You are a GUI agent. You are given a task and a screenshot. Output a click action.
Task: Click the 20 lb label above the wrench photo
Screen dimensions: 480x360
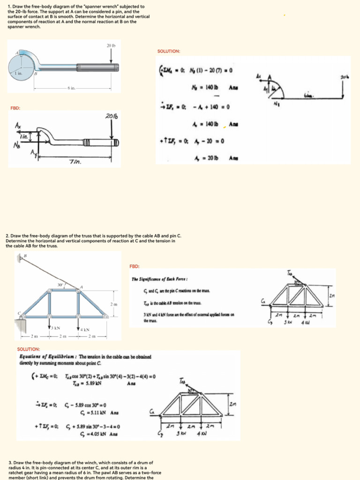coord(111,45)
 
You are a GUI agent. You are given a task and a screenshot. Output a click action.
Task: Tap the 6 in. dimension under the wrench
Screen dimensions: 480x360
coord(71,88)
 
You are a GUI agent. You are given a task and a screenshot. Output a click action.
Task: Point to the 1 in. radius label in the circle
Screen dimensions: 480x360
coord(17,74)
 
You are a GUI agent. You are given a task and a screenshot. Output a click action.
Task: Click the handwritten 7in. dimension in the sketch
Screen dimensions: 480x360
coord(75,161)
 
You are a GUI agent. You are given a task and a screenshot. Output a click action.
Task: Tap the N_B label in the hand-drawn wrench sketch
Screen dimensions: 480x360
coord(17,145)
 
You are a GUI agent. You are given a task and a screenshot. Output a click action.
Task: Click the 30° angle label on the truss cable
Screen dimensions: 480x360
coord(60,285)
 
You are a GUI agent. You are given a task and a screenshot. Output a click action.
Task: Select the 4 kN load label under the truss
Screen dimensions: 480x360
coord(84,330)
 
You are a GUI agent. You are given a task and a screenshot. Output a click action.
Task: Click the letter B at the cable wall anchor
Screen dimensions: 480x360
coord(25,255)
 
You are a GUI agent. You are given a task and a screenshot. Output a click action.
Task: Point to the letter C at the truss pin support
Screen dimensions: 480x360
coord(19,313)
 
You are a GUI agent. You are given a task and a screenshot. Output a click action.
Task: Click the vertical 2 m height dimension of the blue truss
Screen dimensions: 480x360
coord(114,305)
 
